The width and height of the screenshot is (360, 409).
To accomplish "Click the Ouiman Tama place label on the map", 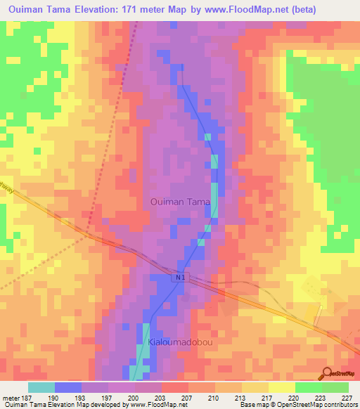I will (180, 202).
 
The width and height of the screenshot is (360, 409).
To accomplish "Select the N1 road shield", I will (180, 279).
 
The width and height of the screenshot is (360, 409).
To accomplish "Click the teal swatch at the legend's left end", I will (41, 387).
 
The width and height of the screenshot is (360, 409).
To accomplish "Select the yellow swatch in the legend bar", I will (282, 387).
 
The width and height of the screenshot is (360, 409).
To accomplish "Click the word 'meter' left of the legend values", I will (11, 397).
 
